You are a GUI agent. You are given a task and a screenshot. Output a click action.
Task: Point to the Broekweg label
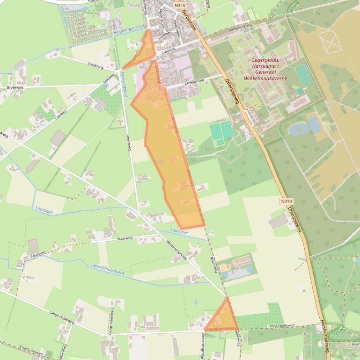(x=15, y=87)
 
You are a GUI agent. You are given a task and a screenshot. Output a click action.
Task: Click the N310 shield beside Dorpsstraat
(x=179, y=5)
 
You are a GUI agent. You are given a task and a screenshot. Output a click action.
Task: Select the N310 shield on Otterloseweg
(x=287, y=202)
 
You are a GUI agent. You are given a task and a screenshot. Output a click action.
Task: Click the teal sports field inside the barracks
(x=304, y=75)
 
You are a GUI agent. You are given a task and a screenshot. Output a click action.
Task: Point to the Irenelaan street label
(x=165, y=38)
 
